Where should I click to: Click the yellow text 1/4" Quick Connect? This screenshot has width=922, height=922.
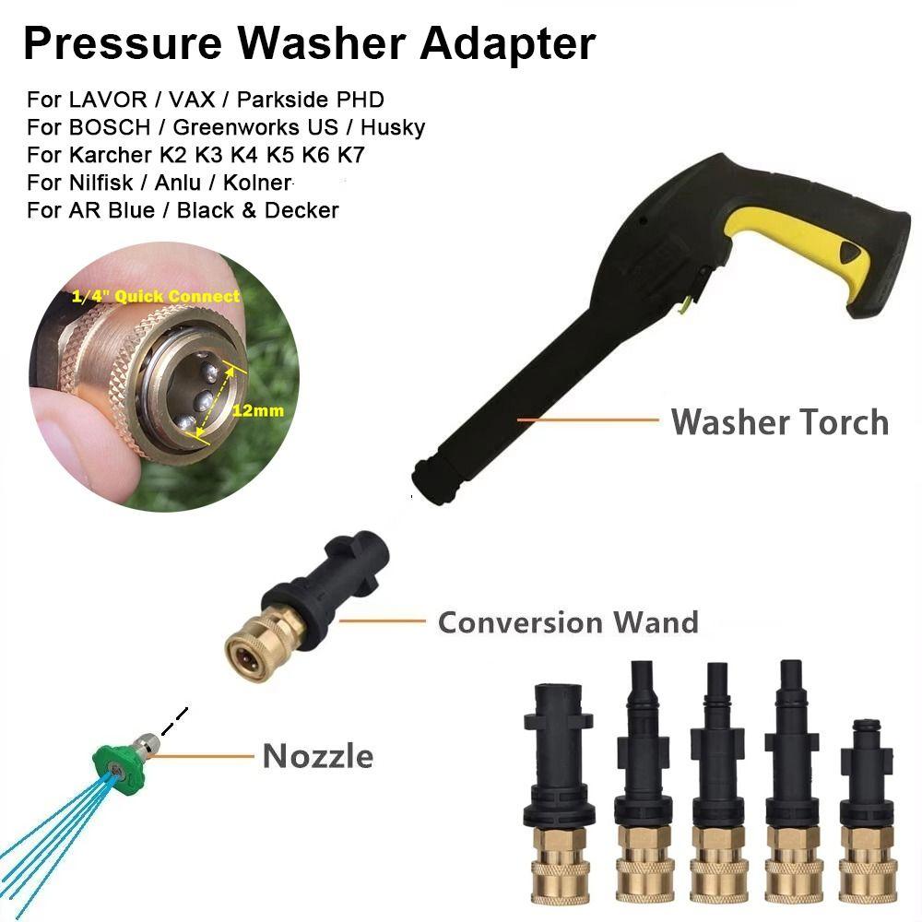(156, 296)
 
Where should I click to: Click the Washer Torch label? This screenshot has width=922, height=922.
(779, 422)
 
